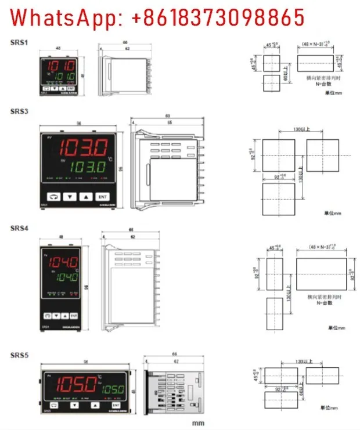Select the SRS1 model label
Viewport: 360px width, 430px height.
20,42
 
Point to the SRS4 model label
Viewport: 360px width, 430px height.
20,227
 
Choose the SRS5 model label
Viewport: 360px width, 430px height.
20,353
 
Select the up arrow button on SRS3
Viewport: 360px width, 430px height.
86,197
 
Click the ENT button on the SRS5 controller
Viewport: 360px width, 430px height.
116,404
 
